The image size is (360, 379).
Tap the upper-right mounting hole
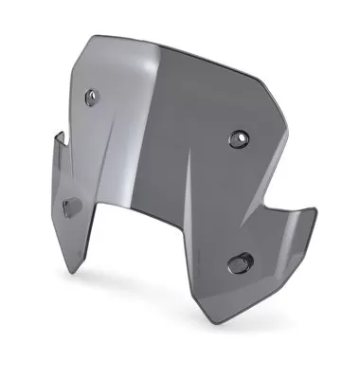[x=236, y=138]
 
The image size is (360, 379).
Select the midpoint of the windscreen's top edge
[x=180, y=47]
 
